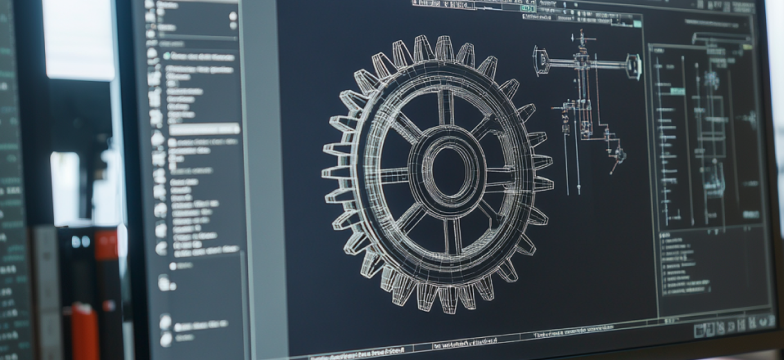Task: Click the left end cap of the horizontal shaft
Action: click(541, 61)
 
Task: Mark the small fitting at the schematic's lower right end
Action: click(619, 154)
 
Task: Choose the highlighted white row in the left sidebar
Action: click(204, 129)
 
